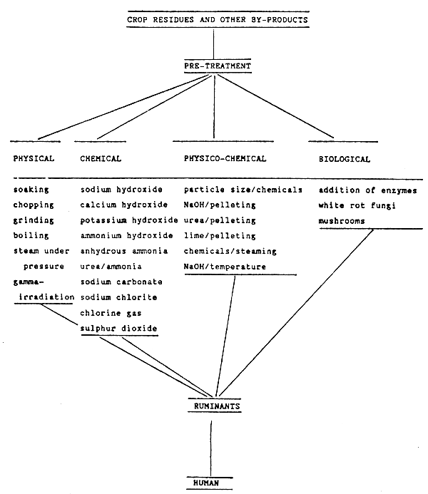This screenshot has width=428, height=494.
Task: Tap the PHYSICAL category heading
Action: (x=34, y=159)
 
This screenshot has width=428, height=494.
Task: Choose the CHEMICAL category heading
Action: (x=101, y=159)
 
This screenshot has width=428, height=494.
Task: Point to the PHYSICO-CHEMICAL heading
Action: (x=225, y=159)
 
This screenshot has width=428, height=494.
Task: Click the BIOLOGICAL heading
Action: (x=345, y=159)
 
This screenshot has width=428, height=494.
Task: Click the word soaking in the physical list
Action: (x=31, y=190)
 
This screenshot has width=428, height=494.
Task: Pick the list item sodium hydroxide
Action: (x=121, y=190)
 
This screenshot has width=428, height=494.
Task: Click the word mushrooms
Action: (x=342, y=221)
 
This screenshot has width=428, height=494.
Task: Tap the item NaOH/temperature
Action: (x=225, y=267)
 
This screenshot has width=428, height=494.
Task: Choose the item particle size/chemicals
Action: (x=243, y=190)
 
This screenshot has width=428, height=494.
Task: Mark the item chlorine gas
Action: (x=108, y=313)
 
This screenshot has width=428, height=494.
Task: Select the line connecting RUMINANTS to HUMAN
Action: (x=210, y=446)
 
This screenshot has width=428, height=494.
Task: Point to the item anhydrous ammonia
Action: (x=124, y=251)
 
